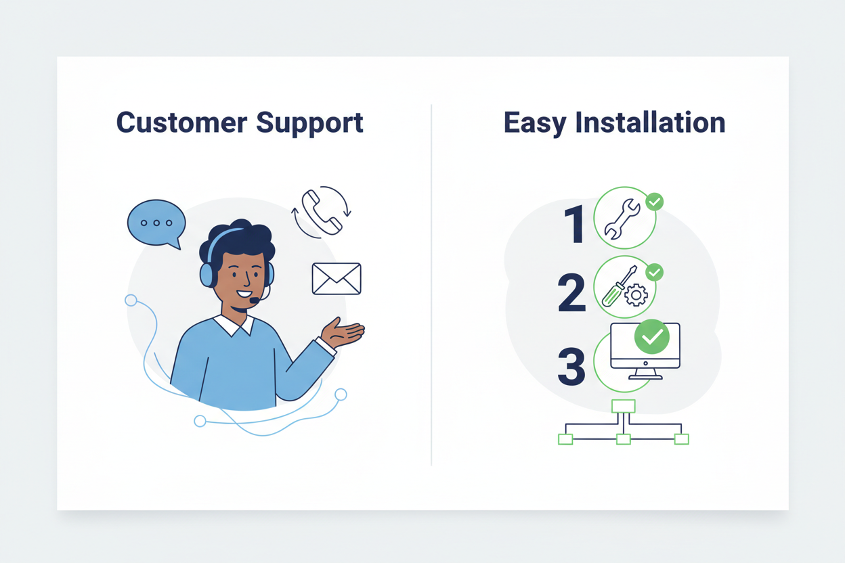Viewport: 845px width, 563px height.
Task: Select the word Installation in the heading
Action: (650, 123)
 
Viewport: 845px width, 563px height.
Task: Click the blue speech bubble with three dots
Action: (156, 223)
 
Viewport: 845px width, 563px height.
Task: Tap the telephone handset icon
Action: (322, 212)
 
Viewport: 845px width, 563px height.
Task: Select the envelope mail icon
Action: (337, 279)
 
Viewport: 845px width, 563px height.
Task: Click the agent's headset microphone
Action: (254, 299)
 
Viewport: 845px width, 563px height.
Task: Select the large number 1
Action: (574, 224)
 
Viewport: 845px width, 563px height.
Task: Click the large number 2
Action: (571, 292)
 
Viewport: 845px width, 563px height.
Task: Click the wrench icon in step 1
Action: (622, 219)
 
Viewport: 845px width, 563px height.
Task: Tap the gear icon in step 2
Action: (636, 294)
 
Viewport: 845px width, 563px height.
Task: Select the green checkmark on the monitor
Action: (651, 336)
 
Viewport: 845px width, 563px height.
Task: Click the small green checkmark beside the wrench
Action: (654, 201)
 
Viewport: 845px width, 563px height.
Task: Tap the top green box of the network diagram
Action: (623, 406)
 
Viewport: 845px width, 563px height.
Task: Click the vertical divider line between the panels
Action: (431, 284)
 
